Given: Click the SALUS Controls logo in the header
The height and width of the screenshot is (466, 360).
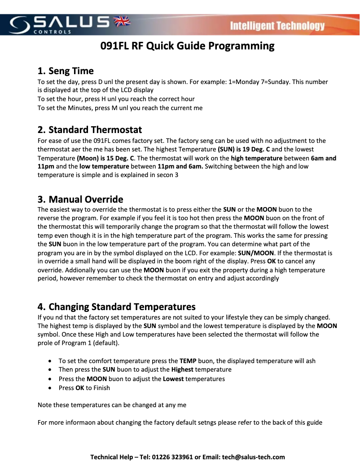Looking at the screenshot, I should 61,24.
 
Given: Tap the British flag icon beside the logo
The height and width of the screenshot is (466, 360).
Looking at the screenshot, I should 121,21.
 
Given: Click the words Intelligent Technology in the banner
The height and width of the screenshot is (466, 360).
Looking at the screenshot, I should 277,26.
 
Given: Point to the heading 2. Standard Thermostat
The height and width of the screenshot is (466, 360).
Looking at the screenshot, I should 90,130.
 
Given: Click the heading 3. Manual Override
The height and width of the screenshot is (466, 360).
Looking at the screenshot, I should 80,199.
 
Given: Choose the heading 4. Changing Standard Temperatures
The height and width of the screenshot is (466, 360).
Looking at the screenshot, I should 117,307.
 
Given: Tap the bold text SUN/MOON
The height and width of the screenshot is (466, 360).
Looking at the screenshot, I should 256,253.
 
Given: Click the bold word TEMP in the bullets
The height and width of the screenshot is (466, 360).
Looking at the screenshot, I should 188,361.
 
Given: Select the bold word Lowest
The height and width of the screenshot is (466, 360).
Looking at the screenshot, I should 173,379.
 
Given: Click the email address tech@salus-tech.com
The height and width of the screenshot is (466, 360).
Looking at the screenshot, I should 254,457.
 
